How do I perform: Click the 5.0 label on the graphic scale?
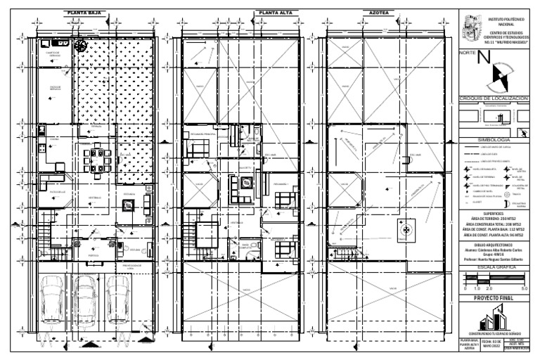[x=524, y=289]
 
